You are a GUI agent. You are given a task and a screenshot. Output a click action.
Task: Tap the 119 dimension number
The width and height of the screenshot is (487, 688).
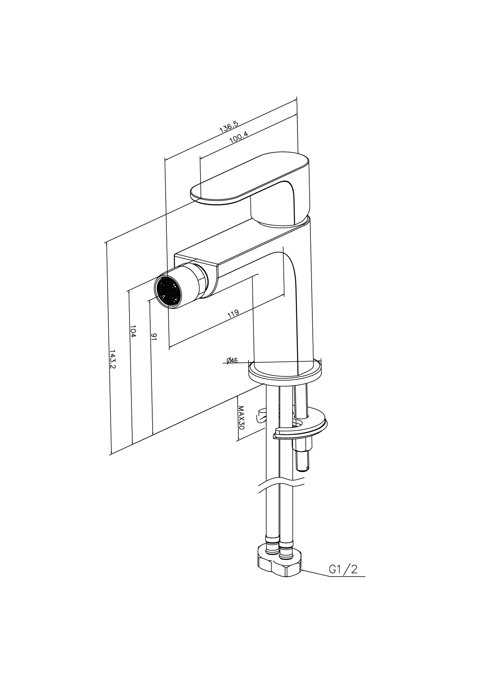click(233, 314)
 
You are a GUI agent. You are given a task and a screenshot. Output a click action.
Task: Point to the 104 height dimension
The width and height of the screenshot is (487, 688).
click(133, 331)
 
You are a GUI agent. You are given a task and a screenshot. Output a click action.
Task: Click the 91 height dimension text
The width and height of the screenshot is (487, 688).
click(154, 337)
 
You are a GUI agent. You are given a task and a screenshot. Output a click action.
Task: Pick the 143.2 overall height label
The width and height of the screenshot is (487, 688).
click(112, 359)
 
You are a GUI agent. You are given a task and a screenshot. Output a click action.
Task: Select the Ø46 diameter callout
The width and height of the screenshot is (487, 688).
click(232, 360)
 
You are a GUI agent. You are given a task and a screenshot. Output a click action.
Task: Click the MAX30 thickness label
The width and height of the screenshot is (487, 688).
click(241, 418)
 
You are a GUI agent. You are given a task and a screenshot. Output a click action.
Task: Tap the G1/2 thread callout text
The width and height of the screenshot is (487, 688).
click(343, 569)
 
